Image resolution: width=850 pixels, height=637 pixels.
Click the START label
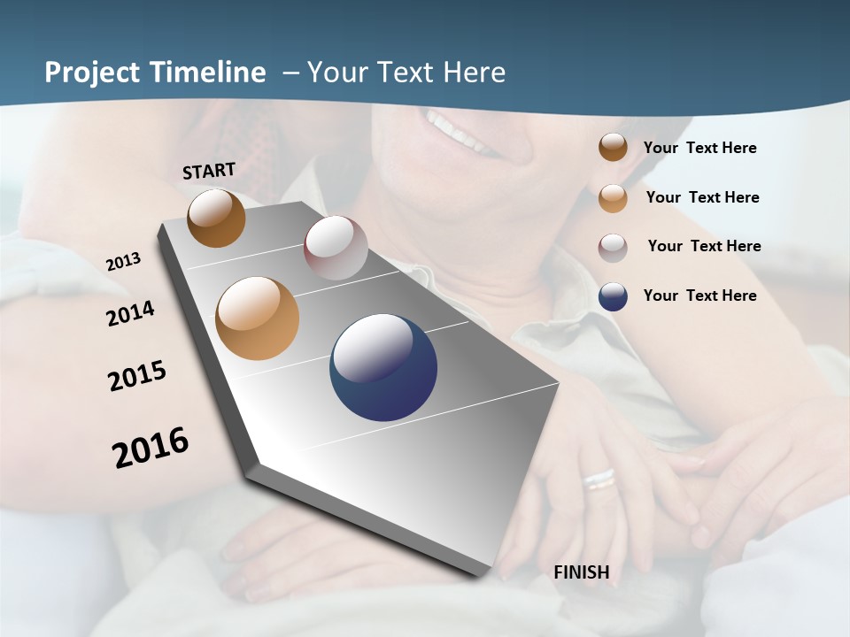click(x=209, y=170)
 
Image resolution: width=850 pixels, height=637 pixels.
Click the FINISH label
click(x=581, y=572)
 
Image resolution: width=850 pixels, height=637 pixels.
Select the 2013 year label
click(x=123, y=261)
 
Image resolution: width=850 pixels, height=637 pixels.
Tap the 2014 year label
click(x=130, y=313)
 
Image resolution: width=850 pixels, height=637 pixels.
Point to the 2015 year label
click(x=137, y=376)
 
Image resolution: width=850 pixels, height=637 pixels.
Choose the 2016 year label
click(x=151, y=447)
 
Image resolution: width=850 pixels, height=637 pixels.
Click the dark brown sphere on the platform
click(x=216, y=218)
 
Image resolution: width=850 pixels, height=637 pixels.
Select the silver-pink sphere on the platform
click(x=336, y=247)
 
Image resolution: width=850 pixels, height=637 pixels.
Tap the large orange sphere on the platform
click(x=257, y=318)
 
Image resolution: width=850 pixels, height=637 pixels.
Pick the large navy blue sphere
click(x=383, y=367)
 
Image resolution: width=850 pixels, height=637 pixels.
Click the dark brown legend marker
click(x=613, y=147)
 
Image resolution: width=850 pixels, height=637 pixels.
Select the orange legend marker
click(x=613, y=197)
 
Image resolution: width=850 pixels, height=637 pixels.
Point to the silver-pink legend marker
click(x=613, y=247)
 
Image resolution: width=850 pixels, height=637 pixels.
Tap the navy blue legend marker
click(x=613, y=296)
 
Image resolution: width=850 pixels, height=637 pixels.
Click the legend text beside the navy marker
click(x=699, y=295)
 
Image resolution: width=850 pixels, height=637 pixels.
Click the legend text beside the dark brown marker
click(x=699, y=148)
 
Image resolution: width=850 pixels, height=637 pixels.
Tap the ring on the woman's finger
click(x=599, y=479)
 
